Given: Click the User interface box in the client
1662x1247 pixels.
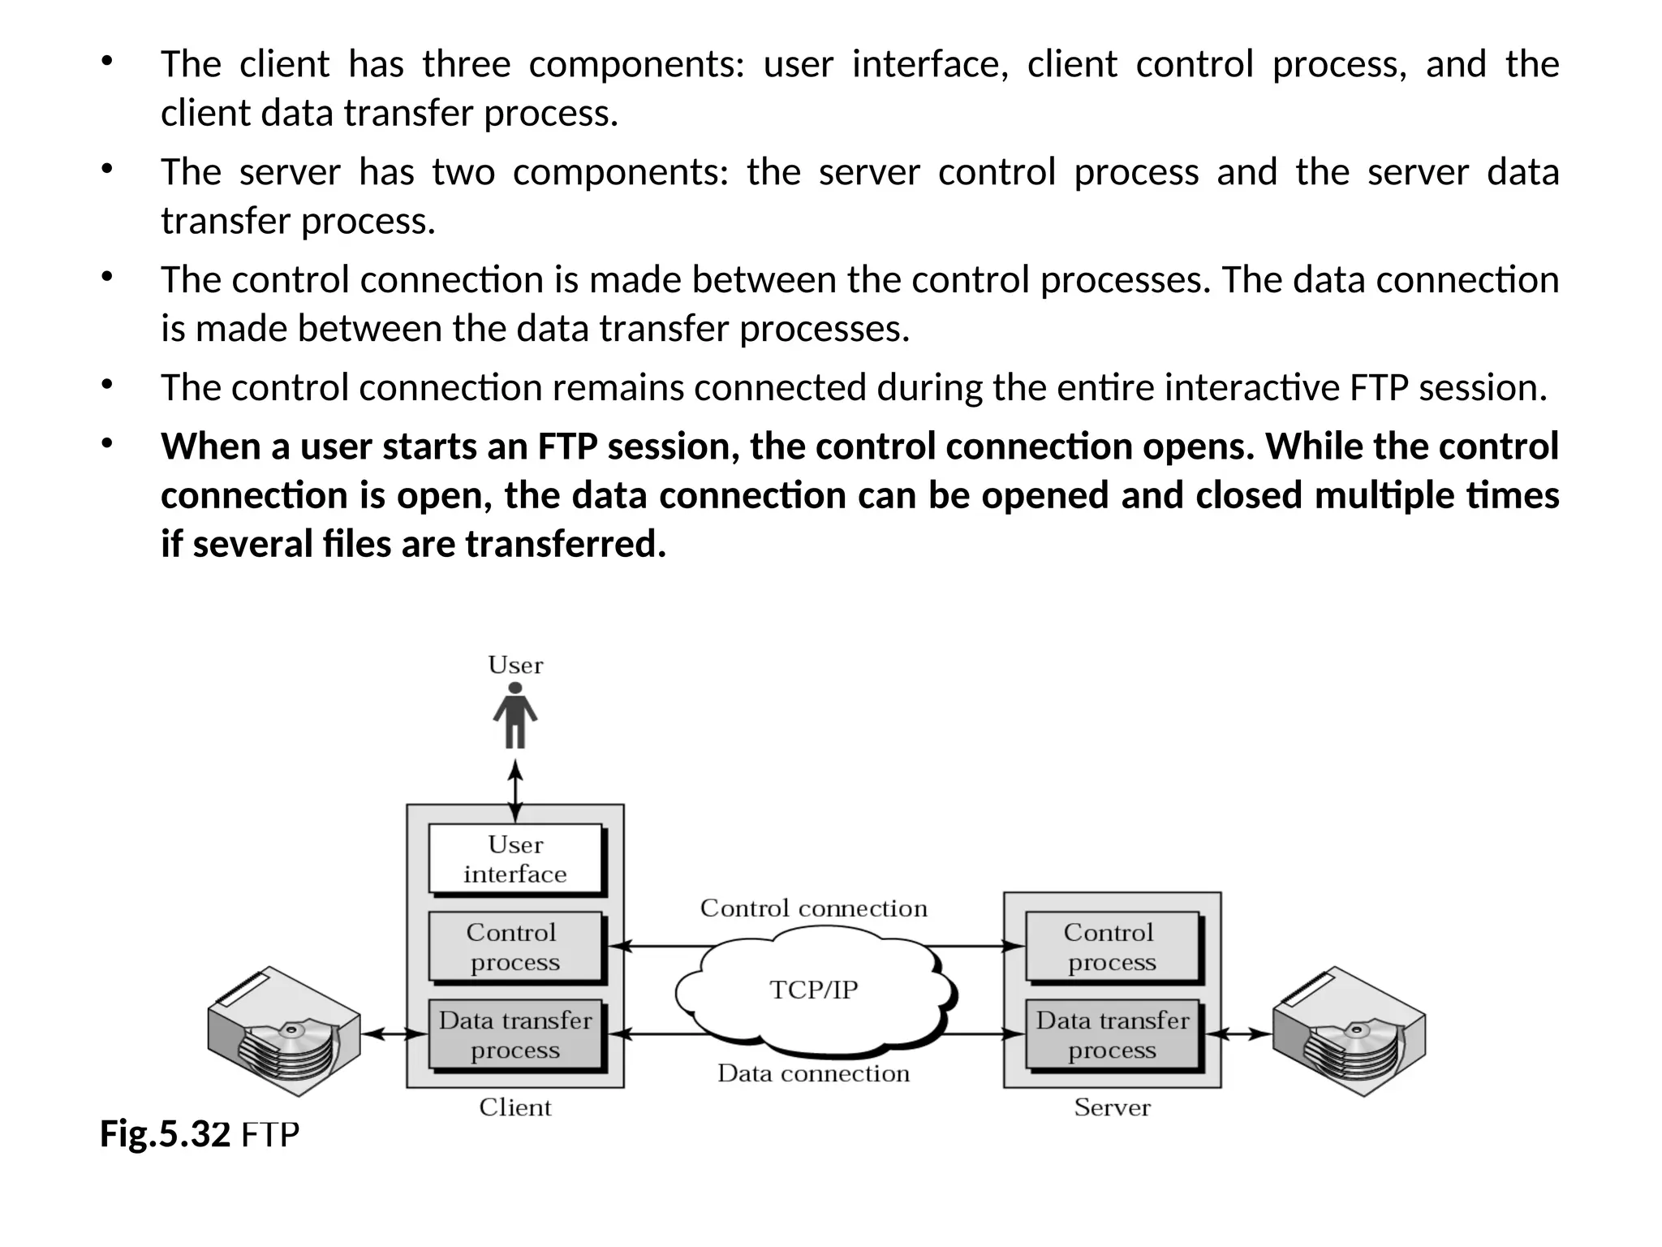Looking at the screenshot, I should (515, 859).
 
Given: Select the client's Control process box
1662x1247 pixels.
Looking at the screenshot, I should (515, 947).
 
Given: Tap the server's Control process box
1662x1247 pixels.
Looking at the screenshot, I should (1111, 947).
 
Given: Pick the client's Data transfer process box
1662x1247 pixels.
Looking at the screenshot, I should (515, 1034).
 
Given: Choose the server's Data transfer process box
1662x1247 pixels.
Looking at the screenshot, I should (1111, 1034).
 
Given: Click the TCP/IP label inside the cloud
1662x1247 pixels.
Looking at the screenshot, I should (813, 990).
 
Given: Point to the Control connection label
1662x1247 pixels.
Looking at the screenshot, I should (813, 908).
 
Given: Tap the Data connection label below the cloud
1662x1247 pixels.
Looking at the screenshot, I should (813, 1073).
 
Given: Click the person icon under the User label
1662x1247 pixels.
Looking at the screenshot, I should (515, 715).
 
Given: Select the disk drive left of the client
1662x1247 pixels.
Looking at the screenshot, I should (284, 1031).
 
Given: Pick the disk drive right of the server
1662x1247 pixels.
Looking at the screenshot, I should (1349, 1031).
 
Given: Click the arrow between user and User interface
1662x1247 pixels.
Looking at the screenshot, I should (515, 790).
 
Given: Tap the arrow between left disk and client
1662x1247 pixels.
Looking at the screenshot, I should (394, 1034).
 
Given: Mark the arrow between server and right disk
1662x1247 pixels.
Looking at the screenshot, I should (1238, 1034).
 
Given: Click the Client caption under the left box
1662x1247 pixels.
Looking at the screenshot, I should (515, 1107).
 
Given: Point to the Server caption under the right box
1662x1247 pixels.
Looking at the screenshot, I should (1112, 1107).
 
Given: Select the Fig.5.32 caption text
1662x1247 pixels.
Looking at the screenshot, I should (199, 1134).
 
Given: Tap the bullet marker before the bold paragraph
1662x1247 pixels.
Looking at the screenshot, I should (105, 443).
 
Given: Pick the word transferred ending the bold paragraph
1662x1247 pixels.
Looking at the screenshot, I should (565, 544).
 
